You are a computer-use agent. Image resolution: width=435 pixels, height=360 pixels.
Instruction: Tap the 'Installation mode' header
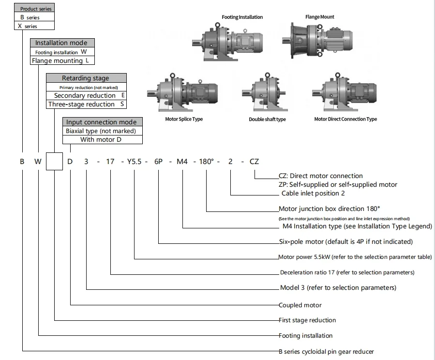point(62,43)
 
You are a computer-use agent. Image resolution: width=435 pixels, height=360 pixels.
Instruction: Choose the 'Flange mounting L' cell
point(62,61)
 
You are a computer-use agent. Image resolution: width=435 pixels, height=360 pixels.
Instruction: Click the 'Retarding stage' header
point(86,78)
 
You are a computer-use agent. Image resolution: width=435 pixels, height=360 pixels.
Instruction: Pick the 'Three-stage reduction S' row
point(86,104)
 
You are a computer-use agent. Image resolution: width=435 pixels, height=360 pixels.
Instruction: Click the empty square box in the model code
point(55,161)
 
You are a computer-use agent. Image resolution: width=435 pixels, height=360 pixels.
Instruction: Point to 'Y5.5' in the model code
point(135,162)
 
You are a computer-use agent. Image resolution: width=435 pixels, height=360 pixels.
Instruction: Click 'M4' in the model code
point(182,162)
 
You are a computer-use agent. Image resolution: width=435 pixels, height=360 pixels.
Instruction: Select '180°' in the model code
point(207,162)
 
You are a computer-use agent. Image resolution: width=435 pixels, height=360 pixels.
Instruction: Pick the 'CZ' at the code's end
point(255,162)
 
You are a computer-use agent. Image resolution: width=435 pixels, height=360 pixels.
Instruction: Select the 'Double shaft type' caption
point(267,120)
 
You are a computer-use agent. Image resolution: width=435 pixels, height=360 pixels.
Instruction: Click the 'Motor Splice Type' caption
point(184,120)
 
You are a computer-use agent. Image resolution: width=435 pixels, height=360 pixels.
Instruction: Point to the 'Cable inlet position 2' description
point(313,193)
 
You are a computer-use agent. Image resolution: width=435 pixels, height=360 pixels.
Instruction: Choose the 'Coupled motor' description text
point(300,305)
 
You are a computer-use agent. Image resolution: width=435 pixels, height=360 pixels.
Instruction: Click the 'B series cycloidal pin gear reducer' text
point(327,351)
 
